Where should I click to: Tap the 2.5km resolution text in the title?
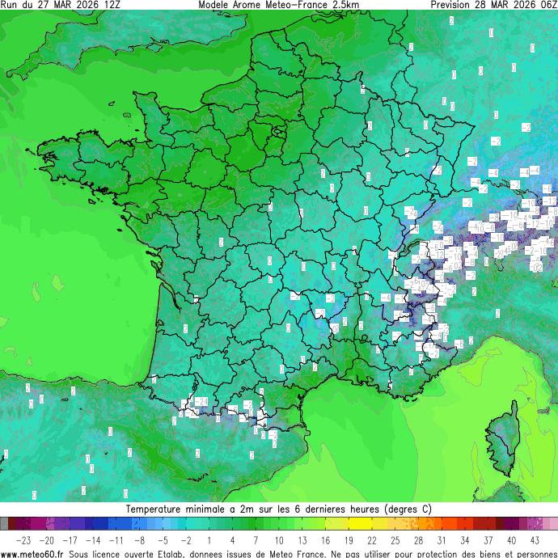(345, 5)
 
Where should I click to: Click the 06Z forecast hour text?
(546, 5)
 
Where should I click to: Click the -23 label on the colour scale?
(23, 539)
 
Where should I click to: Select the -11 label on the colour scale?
(116, 539)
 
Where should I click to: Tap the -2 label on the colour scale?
(186, 539)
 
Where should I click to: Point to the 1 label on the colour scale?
(209, 539)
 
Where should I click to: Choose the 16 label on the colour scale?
(325, 539)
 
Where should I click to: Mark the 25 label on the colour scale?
(395, 539)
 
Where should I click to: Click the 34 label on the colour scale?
(465, 539)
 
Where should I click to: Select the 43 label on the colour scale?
(535, 539)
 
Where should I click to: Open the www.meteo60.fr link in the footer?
(32, 553)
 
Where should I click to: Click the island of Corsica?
(503, 441)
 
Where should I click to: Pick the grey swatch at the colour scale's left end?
(5, 524)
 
